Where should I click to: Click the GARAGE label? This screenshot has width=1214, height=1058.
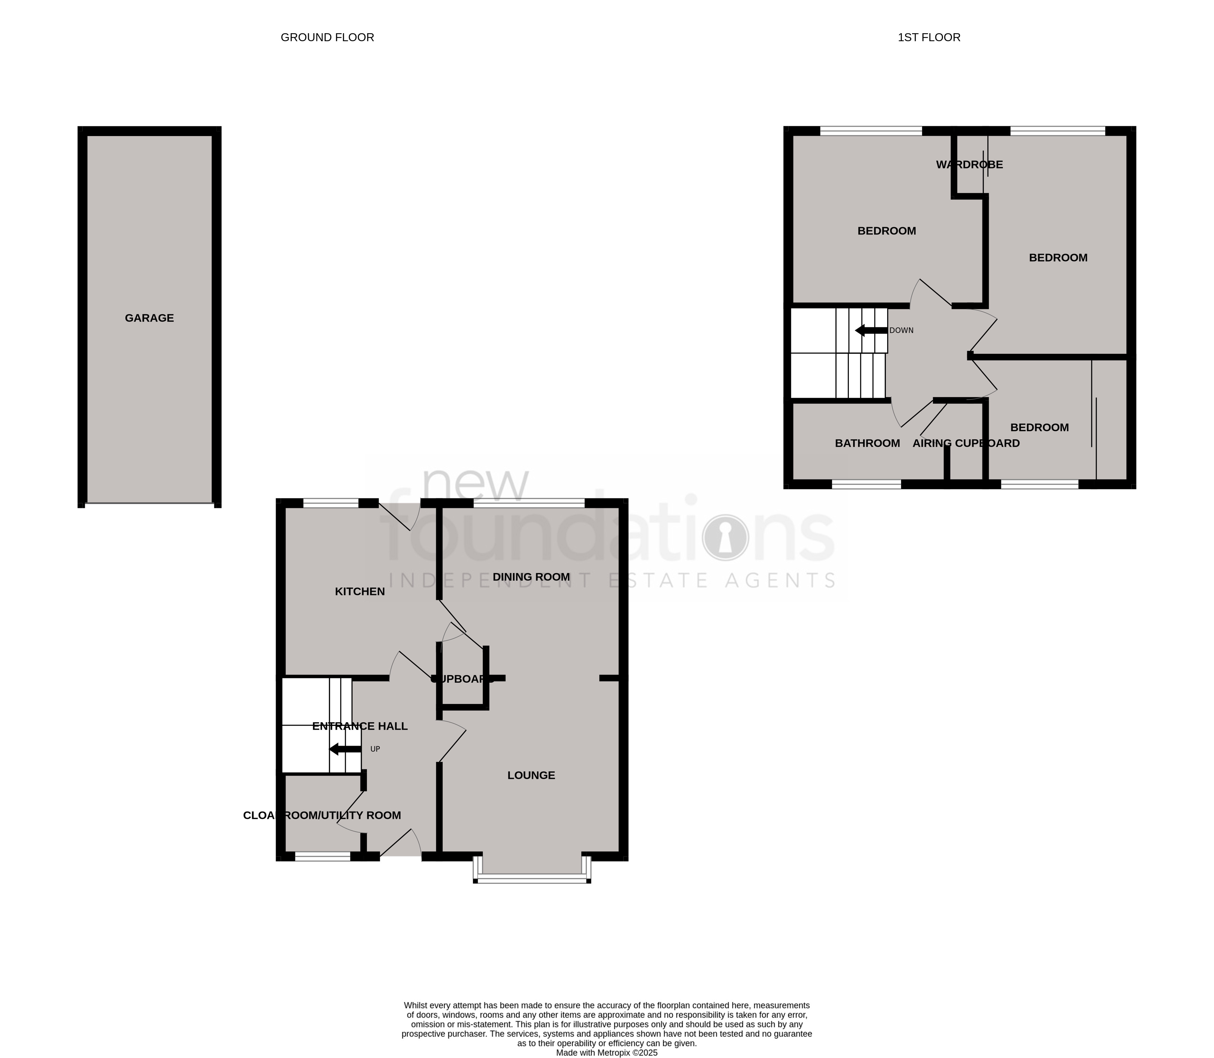point(150,318)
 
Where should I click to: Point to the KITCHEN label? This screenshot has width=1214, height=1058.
point(360,591)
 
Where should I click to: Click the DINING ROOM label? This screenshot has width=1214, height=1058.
point(531,577)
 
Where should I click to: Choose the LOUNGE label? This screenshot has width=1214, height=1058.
point(531,775)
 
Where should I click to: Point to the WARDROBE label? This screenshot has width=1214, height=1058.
point(969,165)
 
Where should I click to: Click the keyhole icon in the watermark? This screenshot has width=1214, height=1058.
point(725,537)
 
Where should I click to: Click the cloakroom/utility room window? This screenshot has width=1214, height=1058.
point(322,857)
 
